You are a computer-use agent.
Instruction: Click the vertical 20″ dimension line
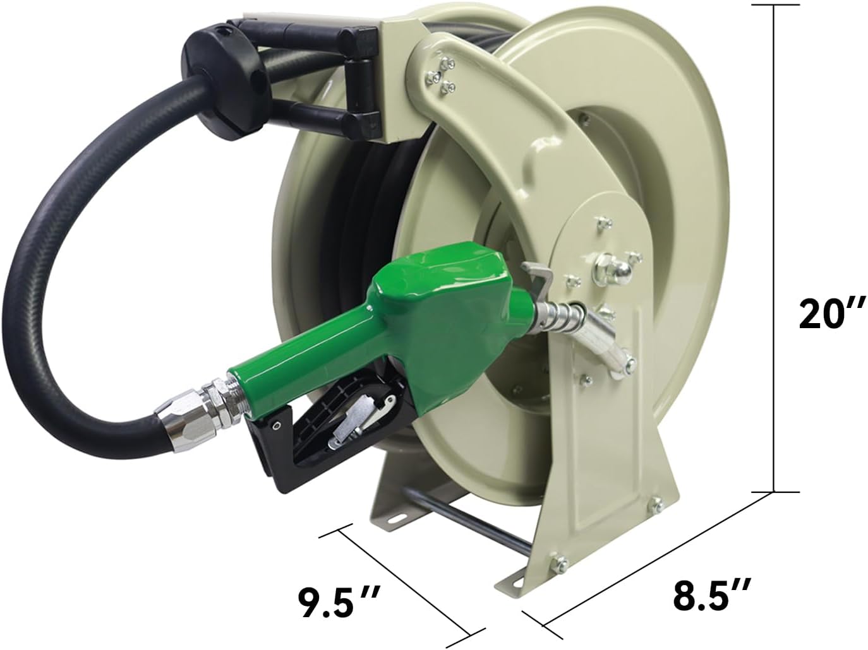click(x=773, y=246)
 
